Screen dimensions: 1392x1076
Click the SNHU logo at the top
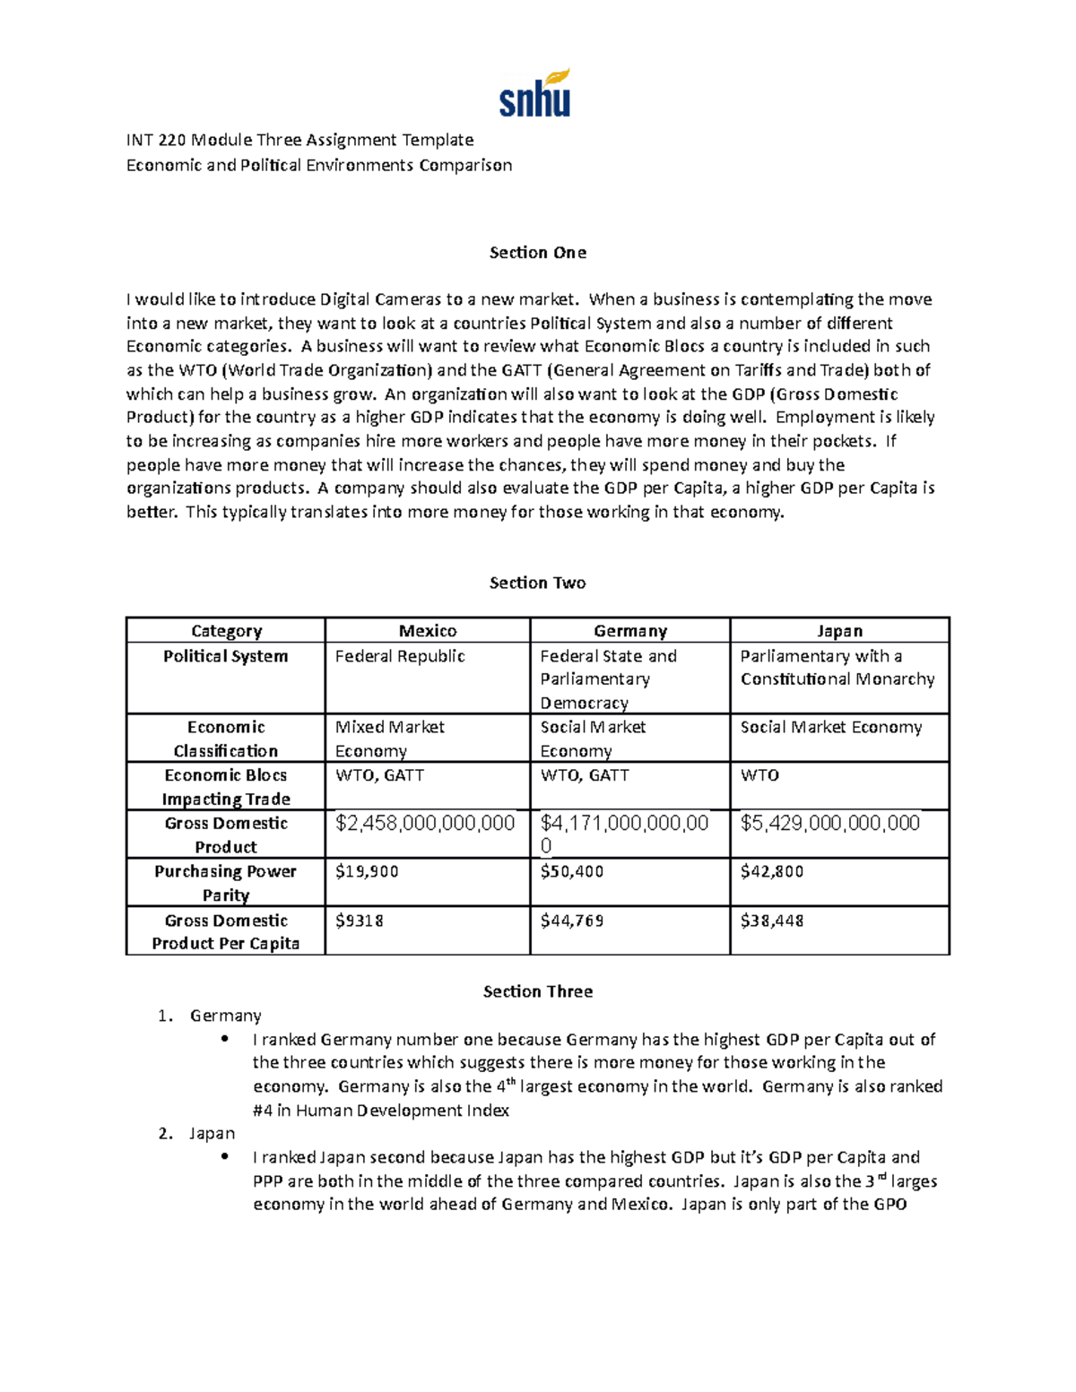tap(534, 94)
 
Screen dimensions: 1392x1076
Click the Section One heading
tap(537, 253)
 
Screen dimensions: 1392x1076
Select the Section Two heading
tap(537, 583)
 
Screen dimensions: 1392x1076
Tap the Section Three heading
tap(537, 991)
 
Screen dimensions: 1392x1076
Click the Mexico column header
tap(428, 631)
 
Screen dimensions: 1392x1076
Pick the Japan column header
tap(839, 631)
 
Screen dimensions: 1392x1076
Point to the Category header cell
tap(226, 631)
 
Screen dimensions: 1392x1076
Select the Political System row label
tap(226, 656)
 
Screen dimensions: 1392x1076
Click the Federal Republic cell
tap(400, 656)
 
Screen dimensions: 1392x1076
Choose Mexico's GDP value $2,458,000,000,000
tap(425, 823)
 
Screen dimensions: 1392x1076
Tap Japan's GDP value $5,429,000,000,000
tap(829, 823)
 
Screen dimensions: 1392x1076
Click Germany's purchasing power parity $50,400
tap(571, 871)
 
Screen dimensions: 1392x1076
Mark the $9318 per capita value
tap(359, 921)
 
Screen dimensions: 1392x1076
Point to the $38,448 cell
tap(771, 921)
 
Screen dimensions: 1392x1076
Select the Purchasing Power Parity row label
tap(226, 883)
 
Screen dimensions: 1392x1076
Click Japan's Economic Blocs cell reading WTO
tap(759, 775)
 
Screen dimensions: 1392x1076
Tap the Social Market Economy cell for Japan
tap(830, 727)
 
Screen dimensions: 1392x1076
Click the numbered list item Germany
tap(225, 1016)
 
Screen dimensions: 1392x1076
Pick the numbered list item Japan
tap(212, 1134)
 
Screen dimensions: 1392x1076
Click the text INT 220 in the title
tap(156, 140)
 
